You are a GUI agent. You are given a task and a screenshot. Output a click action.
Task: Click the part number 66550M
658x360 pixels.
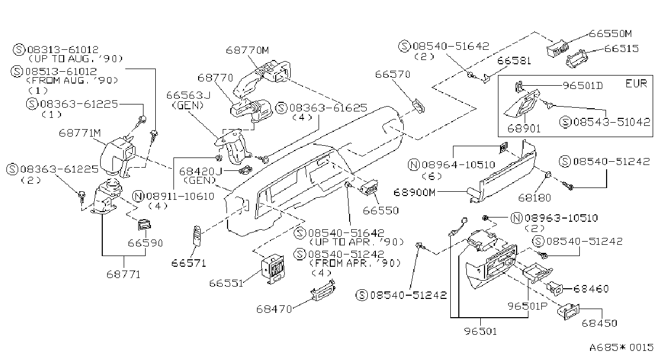point(610,34)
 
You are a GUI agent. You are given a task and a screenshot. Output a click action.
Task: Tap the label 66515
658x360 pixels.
point(622,49)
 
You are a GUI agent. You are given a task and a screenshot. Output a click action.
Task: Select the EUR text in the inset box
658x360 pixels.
point(636,84)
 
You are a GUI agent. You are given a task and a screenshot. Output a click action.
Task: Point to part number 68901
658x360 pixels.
point(524,129)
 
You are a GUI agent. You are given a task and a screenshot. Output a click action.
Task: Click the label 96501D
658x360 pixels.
point(583,86)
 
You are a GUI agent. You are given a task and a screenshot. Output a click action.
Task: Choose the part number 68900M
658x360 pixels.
point(414,192)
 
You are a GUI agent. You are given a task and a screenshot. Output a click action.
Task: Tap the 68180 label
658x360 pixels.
point(534,198)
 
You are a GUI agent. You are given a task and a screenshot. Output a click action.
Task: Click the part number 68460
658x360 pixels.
point(591,289)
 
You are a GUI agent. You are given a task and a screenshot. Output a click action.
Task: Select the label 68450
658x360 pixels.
point(599,323)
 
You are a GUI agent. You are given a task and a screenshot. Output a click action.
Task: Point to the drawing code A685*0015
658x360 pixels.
point(621,348)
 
